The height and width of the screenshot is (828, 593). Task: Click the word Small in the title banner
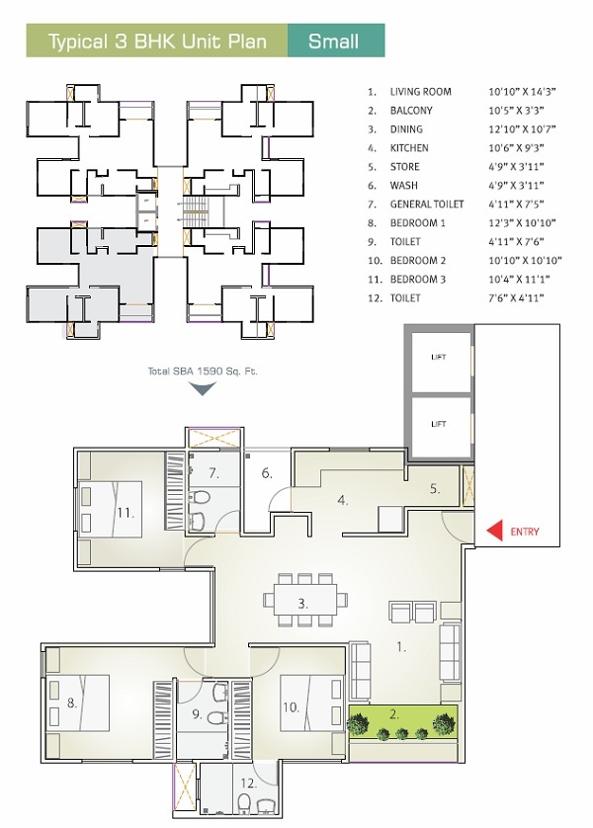click(333, 41)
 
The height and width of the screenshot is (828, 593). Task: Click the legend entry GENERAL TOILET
click(427, 205)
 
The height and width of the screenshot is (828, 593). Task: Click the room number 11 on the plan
click(124, 513)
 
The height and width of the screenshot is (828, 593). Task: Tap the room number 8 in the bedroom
click(71, 704)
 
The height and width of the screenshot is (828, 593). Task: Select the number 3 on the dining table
click(303, 602)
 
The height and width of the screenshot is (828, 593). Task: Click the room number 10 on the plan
click(291, 706)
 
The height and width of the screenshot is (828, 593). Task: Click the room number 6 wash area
click(267, 474)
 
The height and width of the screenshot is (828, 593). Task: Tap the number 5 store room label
click(434, 489)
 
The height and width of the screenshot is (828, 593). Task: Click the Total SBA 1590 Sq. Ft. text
click(202, 371)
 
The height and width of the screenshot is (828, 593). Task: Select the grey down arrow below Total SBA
click(202, 388)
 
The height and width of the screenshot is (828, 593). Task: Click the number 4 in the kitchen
click(342, 500)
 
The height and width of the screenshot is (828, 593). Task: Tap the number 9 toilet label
click(197, 713)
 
